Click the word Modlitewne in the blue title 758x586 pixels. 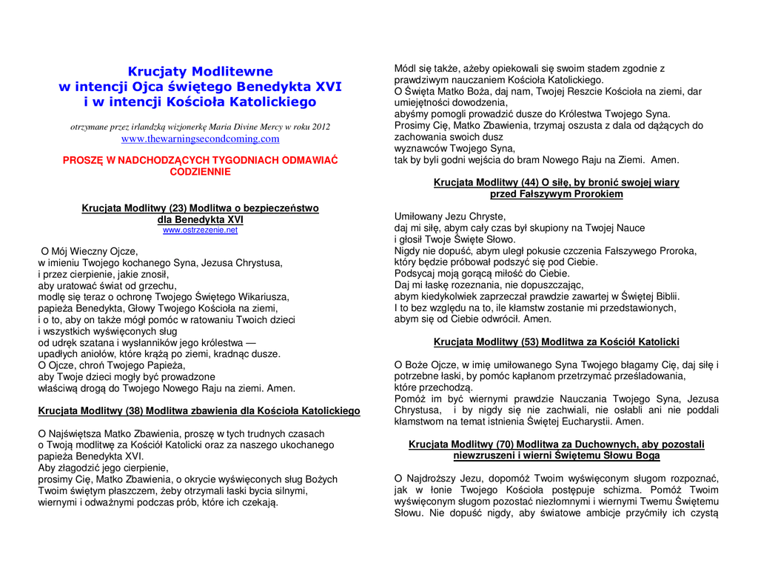(232, 72)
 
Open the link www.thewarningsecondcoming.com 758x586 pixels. (200, 139)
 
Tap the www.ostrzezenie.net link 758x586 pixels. (200, 230)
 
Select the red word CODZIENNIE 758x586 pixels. (200, 172)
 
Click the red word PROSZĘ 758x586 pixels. (83, 160)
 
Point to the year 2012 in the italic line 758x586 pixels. (321, 127)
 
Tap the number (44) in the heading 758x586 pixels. (529, 182)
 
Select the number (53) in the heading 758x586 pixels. (529, 342)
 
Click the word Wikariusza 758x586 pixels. (264, 297)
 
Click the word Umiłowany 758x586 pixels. (419, 217)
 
